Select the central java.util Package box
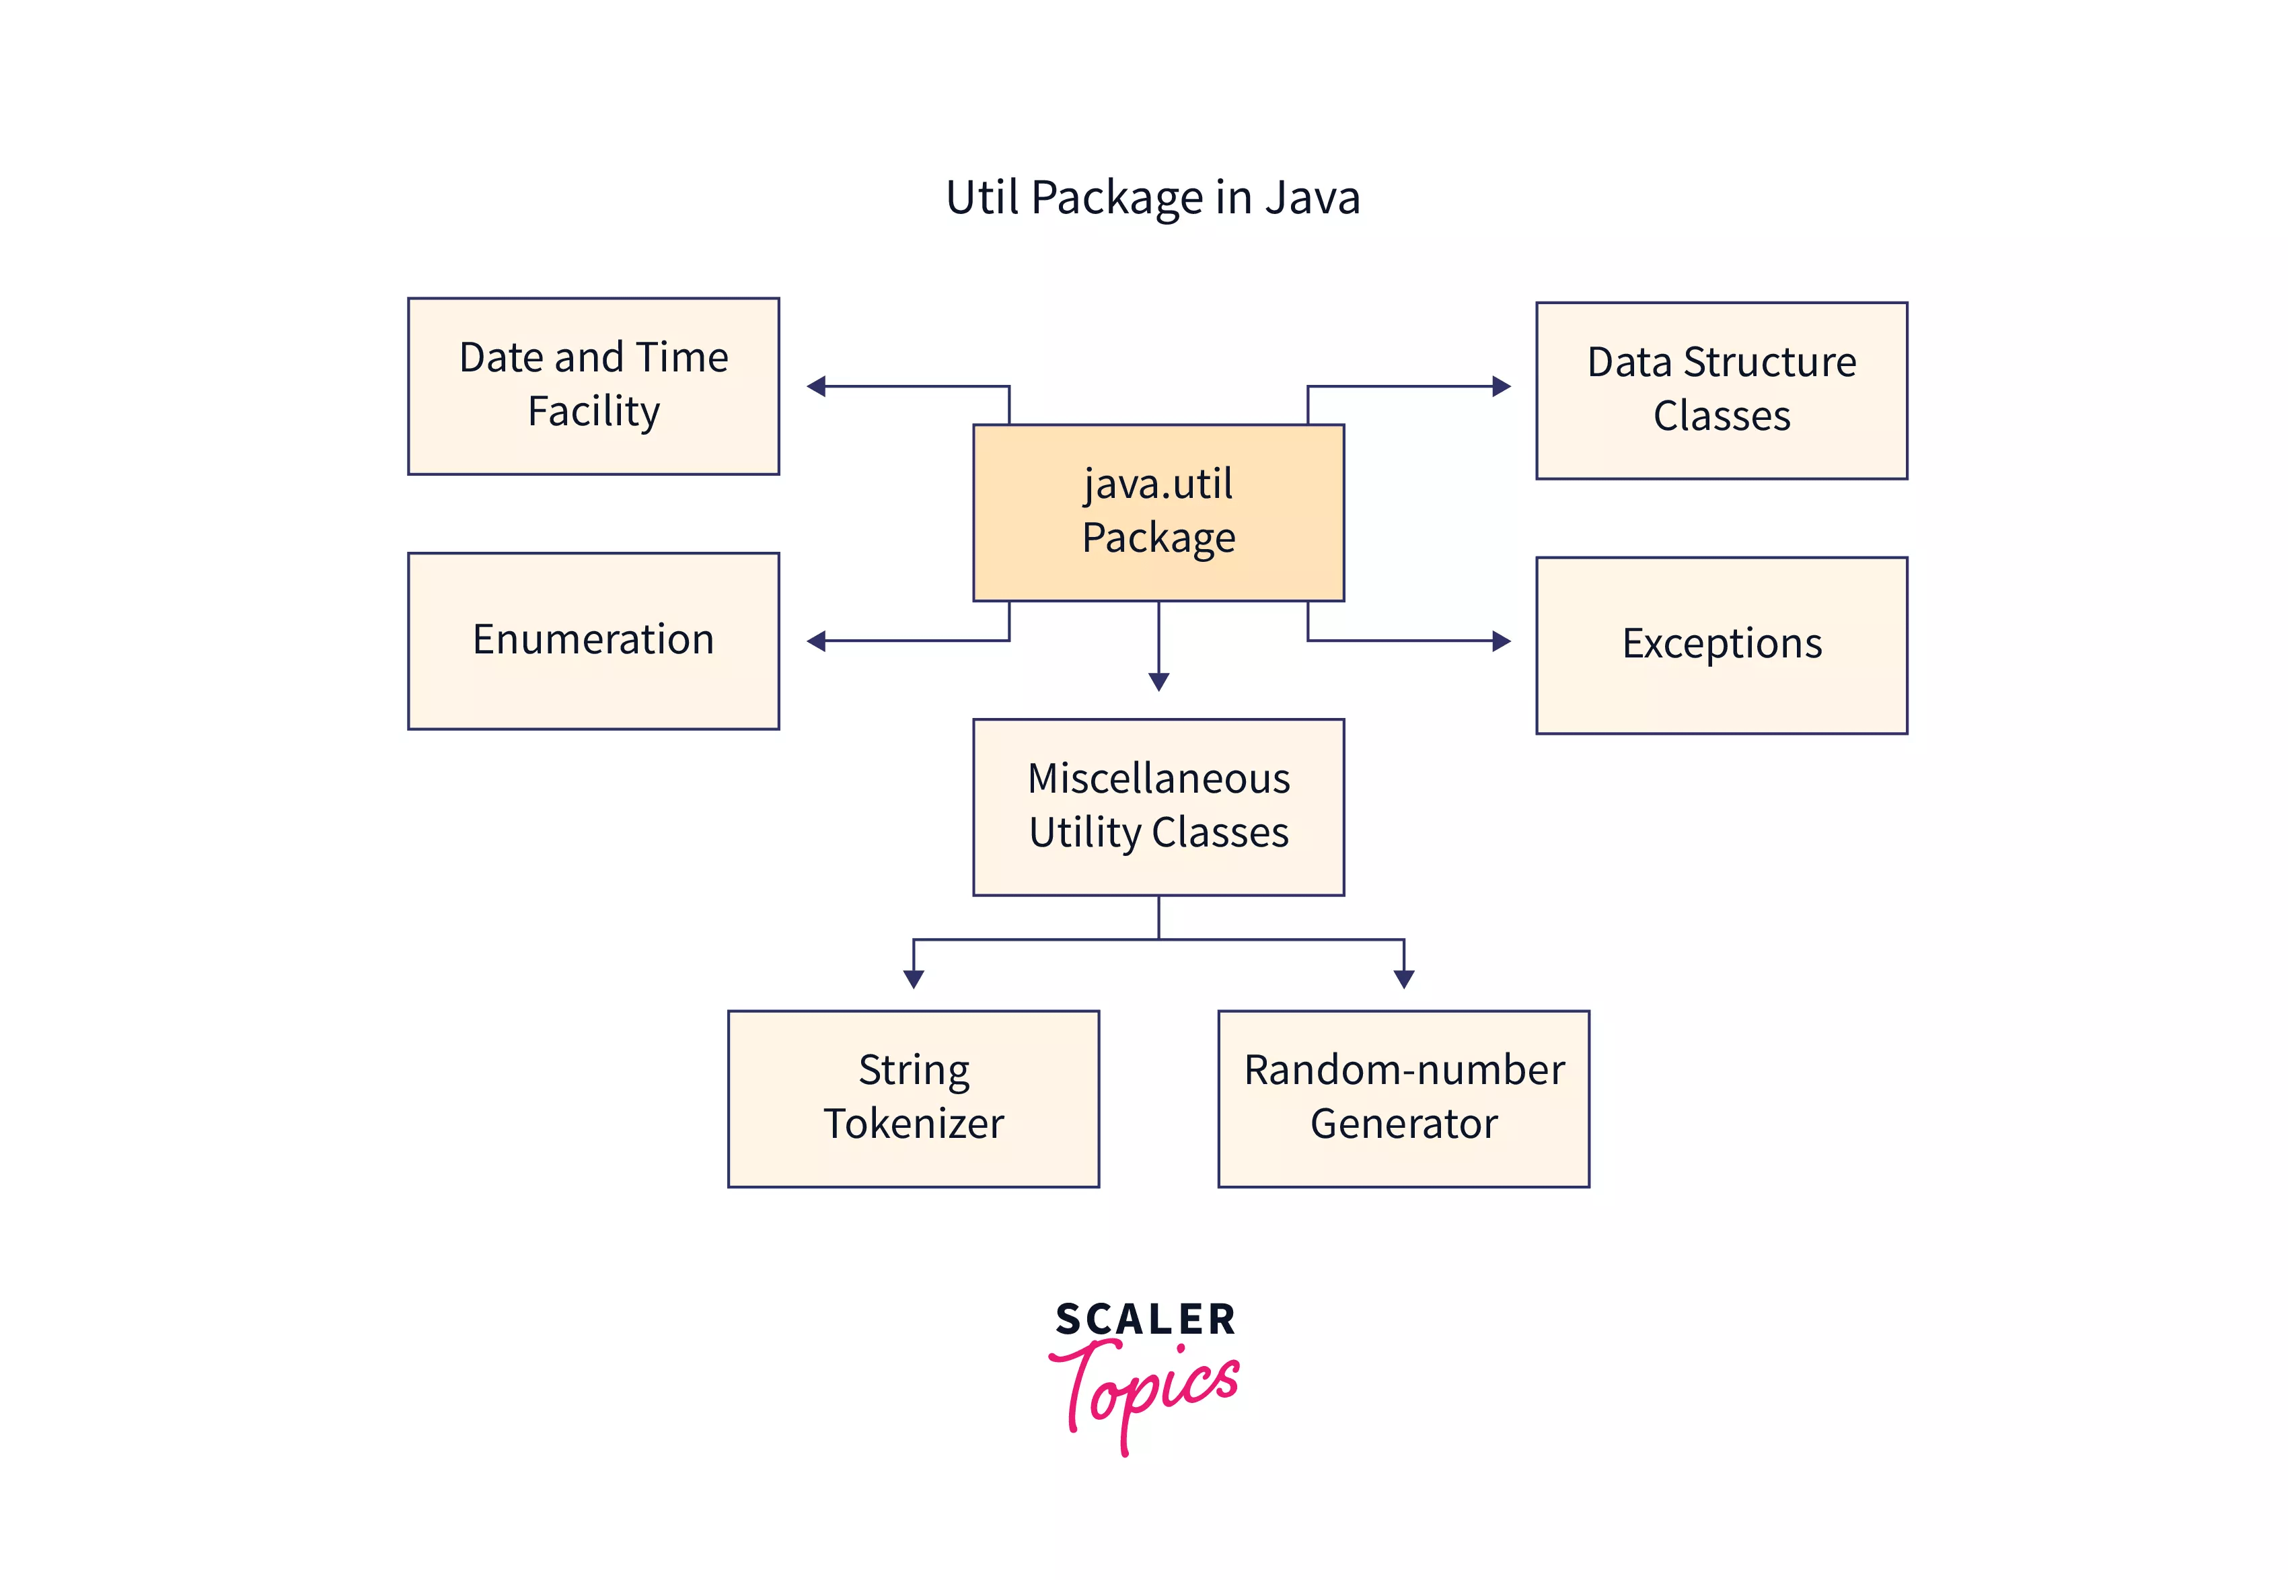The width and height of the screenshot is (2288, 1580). click(x=1158, y=512)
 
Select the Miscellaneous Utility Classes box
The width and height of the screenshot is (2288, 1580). click(x=1158, y=806)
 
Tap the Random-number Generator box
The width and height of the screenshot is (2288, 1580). click(x=1403, y=1098)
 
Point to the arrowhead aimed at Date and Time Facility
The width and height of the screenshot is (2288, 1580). click(x=817, y=386)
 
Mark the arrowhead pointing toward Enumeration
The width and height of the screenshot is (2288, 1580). click(x=817, y=641)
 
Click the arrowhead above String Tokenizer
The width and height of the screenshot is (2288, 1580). click(x=914, y=978)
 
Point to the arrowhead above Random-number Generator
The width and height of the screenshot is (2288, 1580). click(x=1403, y=978)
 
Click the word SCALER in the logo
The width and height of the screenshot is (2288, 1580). click(x=1145, y=1320)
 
